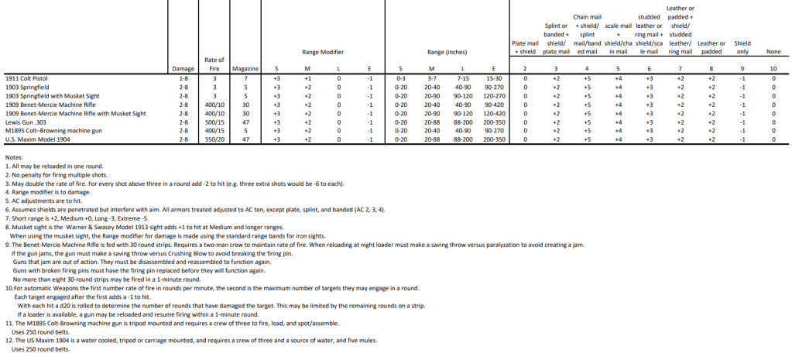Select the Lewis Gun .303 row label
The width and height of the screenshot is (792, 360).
click(x=25, y=122)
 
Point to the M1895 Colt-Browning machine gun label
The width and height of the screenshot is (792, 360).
click(x=49, y=131)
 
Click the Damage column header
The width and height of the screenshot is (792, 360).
click(x=182, y=70)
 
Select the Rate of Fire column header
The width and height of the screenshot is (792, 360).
click(x=214, y=65)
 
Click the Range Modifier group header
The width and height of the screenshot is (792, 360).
click(x=323, y=52)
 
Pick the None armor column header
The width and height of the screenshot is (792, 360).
click(x=773, y=52)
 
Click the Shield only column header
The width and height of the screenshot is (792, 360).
click(x=742, y=47)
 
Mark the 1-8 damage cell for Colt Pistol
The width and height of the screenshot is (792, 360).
click(x=182, y=79)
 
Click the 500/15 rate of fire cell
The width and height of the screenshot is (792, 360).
click(x=214, y=122)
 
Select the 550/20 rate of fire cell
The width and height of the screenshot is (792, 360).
click(x=214, y=139)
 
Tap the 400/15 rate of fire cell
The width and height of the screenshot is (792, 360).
click(x=214, y=131)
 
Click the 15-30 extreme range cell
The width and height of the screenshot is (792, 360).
click(x=493, y=79)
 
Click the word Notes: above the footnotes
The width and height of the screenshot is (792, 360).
click(x=14, y=158)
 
